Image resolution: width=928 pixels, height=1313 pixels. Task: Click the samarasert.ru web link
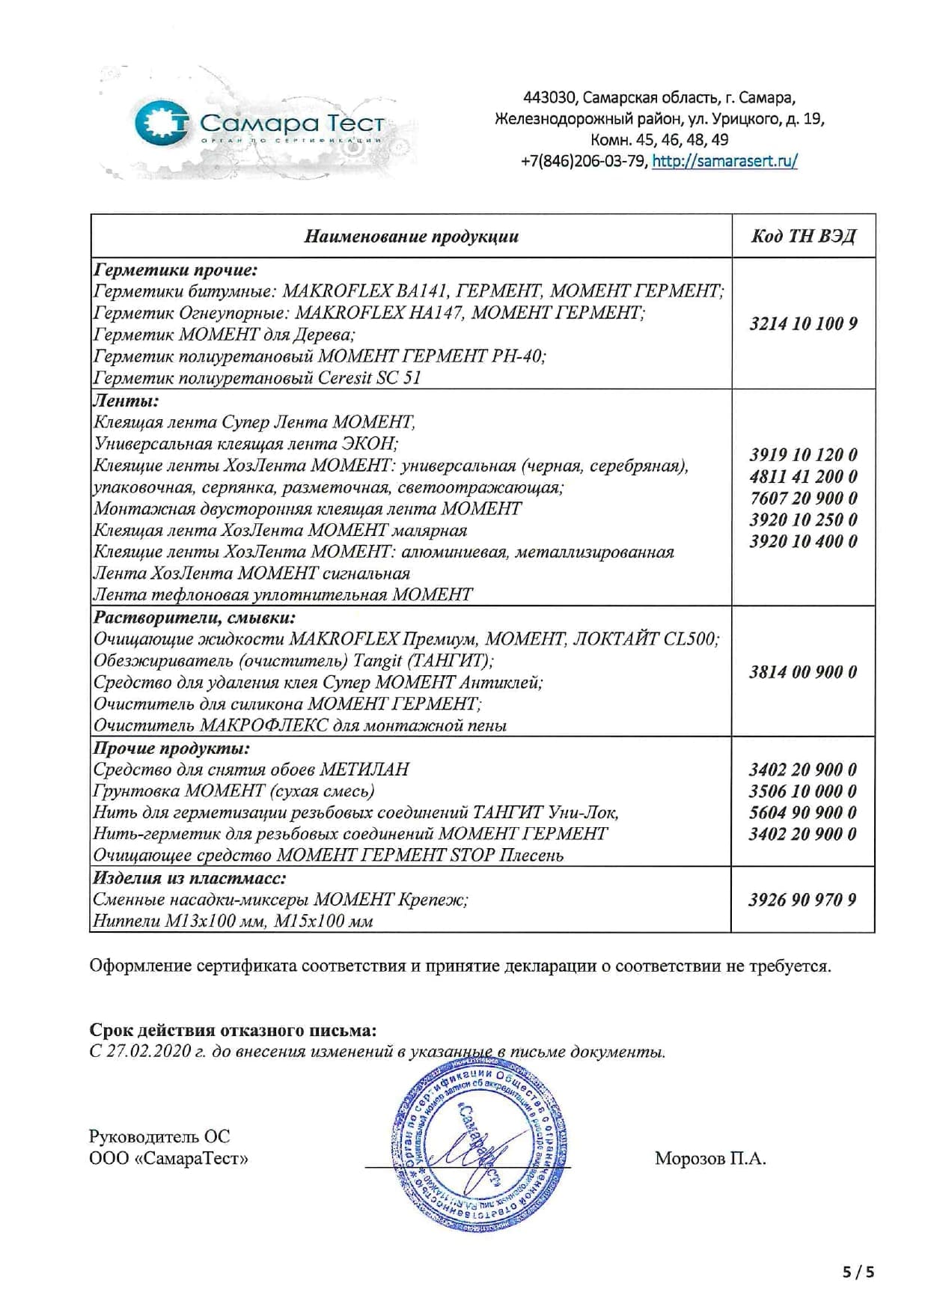[x=724, y=161]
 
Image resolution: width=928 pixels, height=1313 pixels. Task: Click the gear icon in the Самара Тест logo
[x=162, y=124]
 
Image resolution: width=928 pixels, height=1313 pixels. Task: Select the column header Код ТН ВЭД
[x=803, y=237]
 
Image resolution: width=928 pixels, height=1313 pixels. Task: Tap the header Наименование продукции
[x=411, y=237]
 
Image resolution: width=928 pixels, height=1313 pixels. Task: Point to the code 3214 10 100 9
[x=803, y=323]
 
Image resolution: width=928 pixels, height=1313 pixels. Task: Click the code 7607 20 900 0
[x=803, y=498]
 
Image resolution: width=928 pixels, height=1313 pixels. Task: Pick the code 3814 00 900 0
[x=803, y=671]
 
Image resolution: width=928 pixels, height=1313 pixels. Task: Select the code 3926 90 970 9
[x=802, y=900]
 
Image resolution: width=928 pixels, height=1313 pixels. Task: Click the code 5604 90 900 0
[x=802, y=812]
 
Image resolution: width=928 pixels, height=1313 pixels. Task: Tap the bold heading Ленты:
[x=126, y=400]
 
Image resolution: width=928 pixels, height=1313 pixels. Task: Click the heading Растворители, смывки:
[x=194, y=618]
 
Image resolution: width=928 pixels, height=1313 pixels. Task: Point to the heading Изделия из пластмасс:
[x=189, y=878]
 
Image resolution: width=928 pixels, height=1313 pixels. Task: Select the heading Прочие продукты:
[x=171, y=748]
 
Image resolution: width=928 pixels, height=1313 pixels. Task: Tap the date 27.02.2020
[x=150, y=1051]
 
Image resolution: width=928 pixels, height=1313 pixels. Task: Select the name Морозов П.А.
[x=709, y=1159]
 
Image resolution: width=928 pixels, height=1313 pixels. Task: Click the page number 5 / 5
[x=858, y=1271]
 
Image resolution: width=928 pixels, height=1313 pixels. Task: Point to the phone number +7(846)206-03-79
[x=584, y=161]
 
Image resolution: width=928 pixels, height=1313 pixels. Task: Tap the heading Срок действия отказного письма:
[x=233, y=1030]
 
